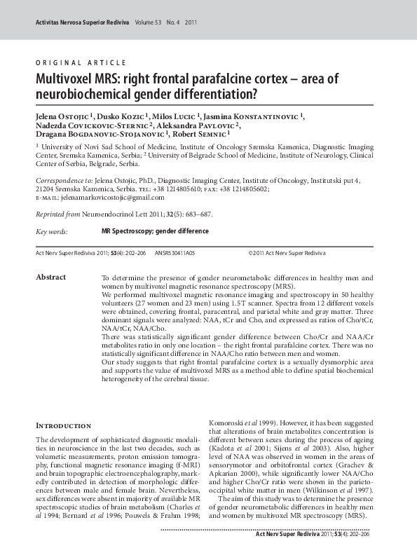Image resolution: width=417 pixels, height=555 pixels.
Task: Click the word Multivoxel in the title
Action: (69, 78)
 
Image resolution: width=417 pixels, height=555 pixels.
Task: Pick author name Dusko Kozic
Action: (123, 115)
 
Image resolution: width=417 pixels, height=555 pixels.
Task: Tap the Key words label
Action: (52, 231)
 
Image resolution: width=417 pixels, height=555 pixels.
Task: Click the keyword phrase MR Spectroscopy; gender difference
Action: (155, 231)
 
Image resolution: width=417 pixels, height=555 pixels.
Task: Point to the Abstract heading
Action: (50, 277)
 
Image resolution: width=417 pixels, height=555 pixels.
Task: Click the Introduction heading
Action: (63, 425)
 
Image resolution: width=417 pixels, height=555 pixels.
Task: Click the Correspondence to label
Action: (64, 180)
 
